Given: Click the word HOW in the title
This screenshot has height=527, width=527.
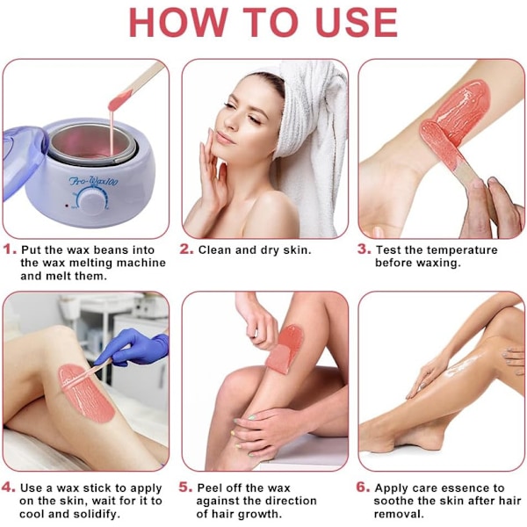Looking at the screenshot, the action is pyautogui.click(x=178, y=22).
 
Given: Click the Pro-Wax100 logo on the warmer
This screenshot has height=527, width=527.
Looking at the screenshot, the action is pyautogui.click(x=93, y=182).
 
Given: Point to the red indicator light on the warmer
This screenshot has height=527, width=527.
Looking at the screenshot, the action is pyautogui.click(x=67, y=206).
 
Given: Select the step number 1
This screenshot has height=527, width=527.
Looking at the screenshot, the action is pyautogui.click(x=10, y=249).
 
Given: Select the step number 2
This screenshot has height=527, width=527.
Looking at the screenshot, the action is pyautogui.click(x=186, y=249).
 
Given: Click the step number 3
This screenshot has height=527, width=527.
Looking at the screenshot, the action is pyautogui.click(x=364, y=249).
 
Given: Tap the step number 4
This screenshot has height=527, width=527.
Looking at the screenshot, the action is pyautogui.click(x=9, y=487).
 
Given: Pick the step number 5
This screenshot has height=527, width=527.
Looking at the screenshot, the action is pyautogui.click(x=185, y=487).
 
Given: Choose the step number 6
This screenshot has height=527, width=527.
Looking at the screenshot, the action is pyautogui.click(x=363, y=487).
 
